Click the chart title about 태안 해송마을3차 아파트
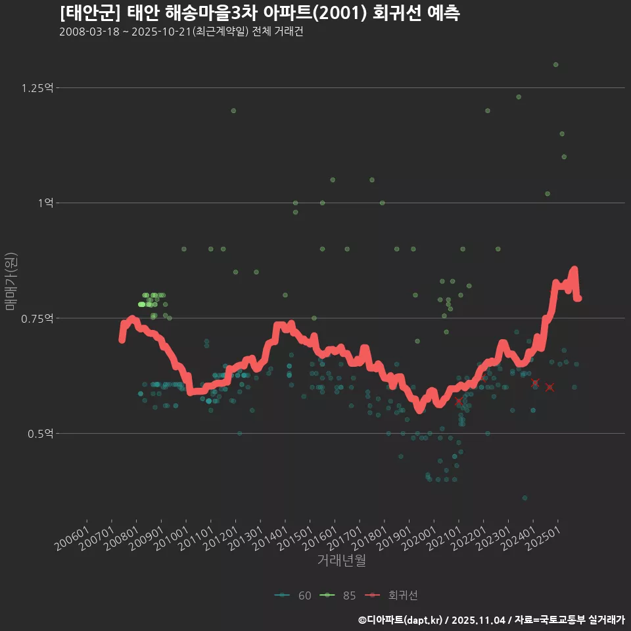tap(259, 13)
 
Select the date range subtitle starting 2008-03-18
tap(181, 32)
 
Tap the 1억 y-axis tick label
tap(45, 203)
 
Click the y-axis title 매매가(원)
tap(11, 281)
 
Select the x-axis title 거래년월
tap(341, 560)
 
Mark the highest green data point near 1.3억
tap(555, 64)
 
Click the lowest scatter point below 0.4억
tap(525, 498)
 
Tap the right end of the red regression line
tap(578, 298)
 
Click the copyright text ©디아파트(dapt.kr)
tap(401, 619)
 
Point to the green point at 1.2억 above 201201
tap(233, 110)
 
